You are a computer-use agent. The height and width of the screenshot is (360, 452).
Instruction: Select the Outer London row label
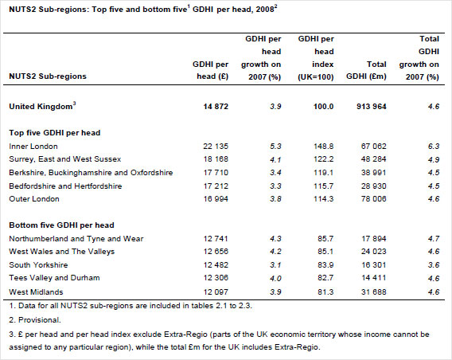pos(34,201)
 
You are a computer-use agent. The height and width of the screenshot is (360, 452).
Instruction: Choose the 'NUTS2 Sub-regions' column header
pos(48,76)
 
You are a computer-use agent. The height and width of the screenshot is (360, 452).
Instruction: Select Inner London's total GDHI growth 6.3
pos(433,147)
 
